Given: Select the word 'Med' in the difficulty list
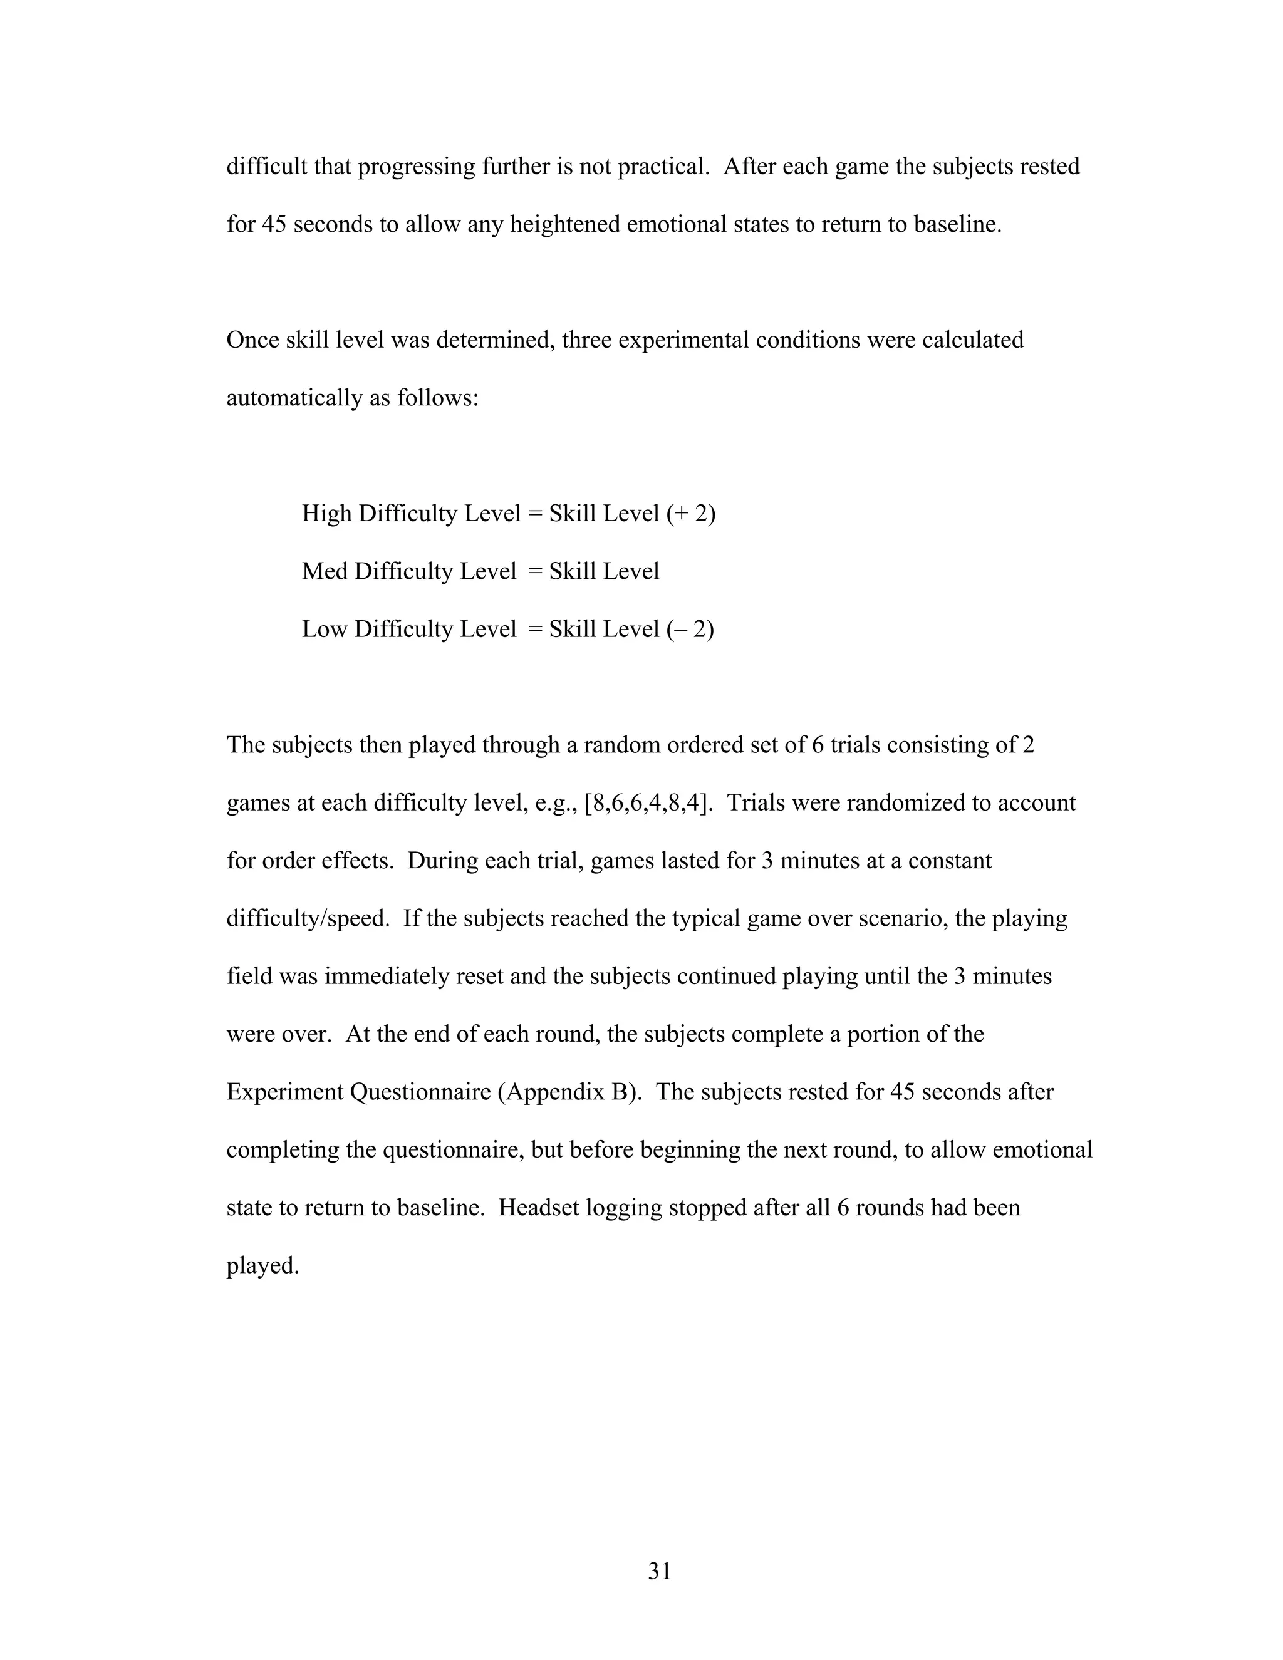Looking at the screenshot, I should [325, 571].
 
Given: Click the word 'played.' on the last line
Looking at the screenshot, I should [263, 1265].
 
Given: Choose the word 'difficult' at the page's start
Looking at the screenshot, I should [266, 166].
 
